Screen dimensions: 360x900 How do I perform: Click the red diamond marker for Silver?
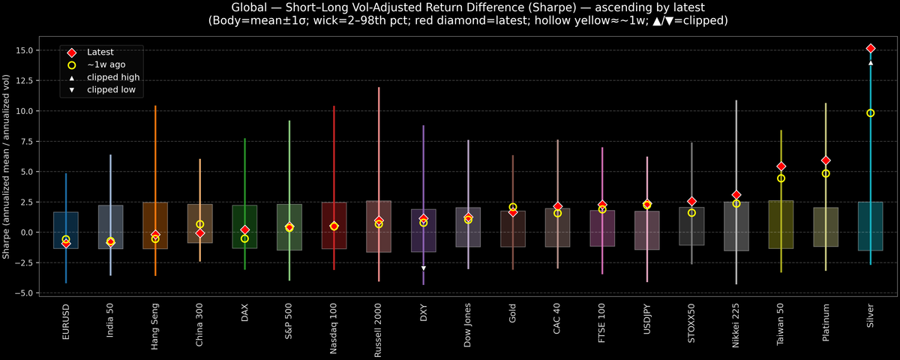[x=870, y=48]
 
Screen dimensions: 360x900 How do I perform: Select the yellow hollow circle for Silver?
[x=870, y=112]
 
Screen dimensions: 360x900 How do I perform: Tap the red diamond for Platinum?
[x=826, y=160]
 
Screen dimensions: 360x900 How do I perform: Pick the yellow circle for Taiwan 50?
[x=781, y=178]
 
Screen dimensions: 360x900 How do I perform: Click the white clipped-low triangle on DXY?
[x=424, y=268]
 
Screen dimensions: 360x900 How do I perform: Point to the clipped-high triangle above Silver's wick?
[x=870, y=63]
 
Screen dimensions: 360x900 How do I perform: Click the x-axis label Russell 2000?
[x=379, y=327]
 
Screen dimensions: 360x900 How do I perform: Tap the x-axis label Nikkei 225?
[x=736, y=324]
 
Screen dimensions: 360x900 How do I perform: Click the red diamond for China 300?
[x=200, y=233]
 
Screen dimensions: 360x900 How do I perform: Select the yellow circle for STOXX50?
[x=691, y=213]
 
